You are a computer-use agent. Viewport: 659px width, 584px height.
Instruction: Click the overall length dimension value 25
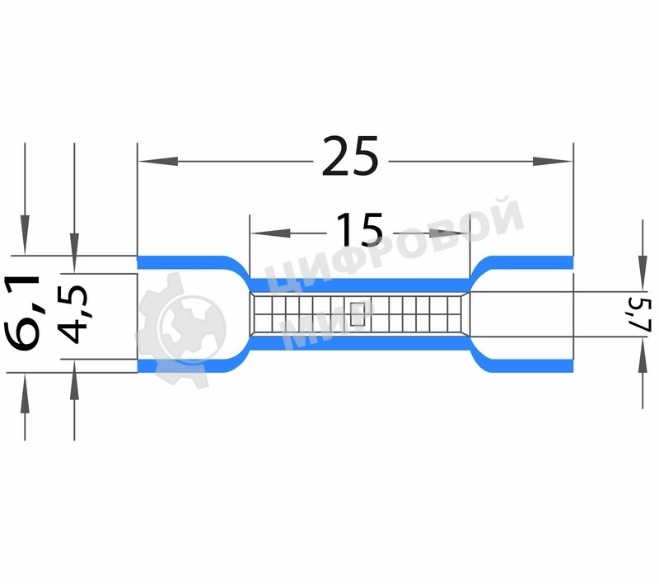350,158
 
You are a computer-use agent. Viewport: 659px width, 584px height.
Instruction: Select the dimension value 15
360,230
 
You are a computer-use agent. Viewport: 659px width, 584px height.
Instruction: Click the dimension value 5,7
643,314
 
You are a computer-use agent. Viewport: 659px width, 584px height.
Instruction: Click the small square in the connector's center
358,313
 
